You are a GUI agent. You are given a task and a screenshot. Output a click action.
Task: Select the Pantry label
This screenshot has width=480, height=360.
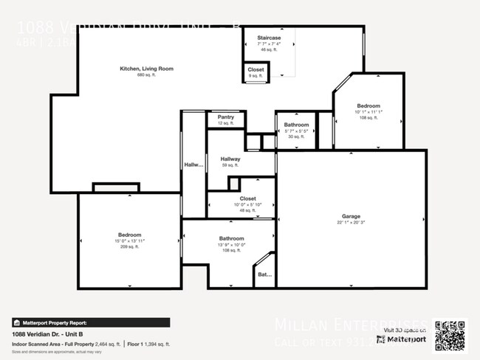pyautogui.click(x=225, y=117)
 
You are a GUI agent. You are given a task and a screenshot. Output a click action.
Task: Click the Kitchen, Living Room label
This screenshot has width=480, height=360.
pyautogui.click(x=146, y=69)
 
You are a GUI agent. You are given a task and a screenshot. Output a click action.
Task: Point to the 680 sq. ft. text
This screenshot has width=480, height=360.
pyautogui.click(x=146, y=75)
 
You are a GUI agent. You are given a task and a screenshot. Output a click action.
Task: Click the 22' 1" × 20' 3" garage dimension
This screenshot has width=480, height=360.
pyautogui.click(x=351, y=223)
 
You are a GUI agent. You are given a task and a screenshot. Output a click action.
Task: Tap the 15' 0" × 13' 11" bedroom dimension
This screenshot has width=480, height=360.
pyautogui.click(x=129, y=240)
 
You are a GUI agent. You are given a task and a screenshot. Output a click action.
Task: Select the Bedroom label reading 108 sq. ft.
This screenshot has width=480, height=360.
pyautogui.click(x=369, y=106)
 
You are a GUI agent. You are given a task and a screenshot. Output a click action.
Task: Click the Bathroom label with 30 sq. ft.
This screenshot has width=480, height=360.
pyautogui.click(x=296, y=125)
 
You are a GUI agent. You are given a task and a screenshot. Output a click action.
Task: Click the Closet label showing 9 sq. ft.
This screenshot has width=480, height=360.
pyautogui.click(x=256, y=69)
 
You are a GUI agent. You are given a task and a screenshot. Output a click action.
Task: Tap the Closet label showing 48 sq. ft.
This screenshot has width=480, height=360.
pyautogui.click(x=247, y=198)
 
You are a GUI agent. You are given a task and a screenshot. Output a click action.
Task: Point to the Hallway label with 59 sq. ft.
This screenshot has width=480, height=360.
pyautogui.click(x=230, y=159)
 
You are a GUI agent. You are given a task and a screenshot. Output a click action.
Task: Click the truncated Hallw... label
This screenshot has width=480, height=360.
pyautogui.click(x=193, y=165)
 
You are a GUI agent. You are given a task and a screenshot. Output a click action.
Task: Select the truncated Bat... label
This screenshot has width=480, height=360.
pyautogui.click(x=264, y=274)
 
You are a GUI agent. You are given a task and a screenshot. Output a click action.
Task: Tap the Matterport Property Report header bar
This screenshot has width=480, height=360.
pyautogui.click(x=91, y=322)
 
